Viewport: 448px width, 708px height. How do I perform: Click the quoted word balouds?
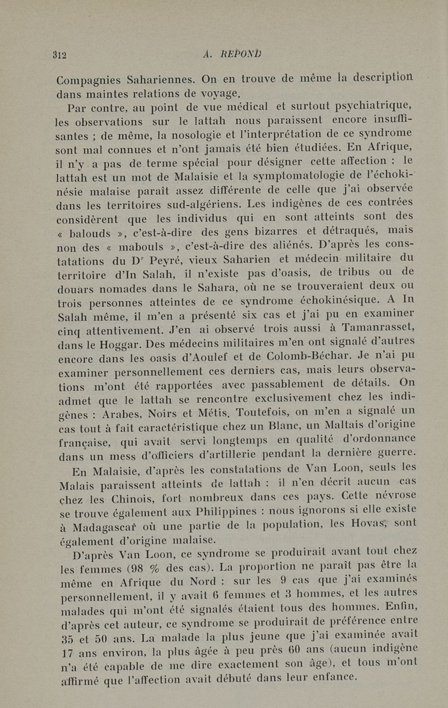[100, 231]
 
